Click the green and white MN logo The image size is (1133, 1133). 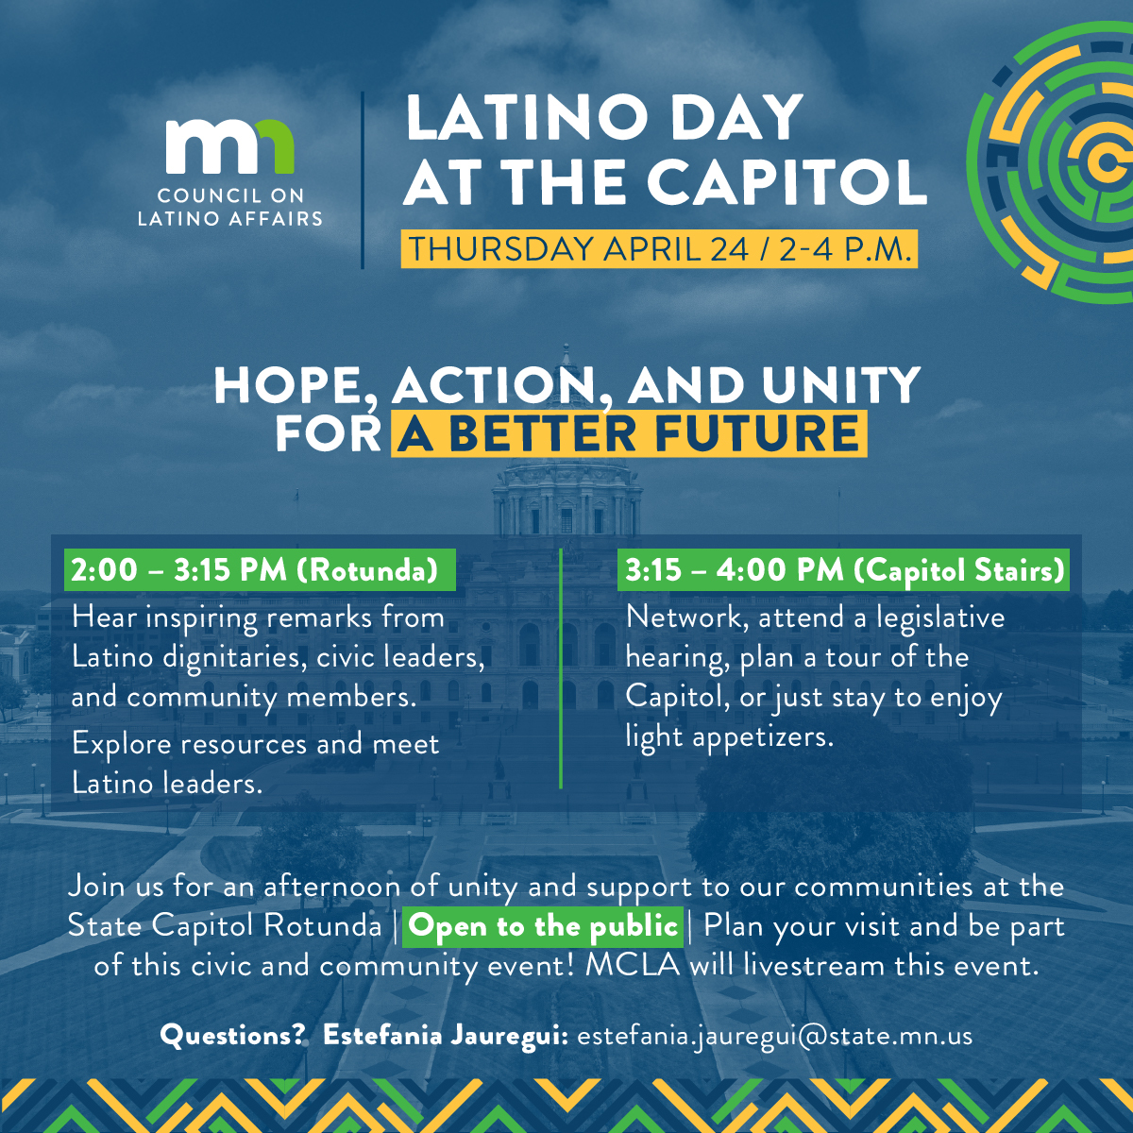pyautogui.click(x=229, y=146)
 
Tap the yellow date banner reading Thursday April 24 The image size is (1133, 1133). pyautogui.click(x=659, y=249)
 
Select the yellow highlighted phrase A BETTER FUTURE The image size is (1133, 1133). pyautogui.click(x=629, y=434)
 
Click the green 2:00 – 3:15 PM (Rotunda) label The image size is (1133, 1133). pyautogui.click(x=255, y=570)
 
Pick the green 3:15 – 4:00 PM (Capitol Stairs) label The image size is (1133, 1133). pyautogui.click(x=844, y=570)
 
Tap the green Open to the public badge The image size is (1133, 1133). pyautogui.click(x=544, y=926)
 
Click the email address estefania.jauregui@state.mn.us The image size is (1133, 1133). pyautogui.click(x=774, y=1036)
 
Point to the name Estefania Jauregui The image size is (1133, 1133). pyautogui.click(x=445, y=1036)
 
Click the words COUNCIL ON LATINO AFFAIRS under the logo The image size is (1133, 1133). pyautogui.click(x=230, y=207)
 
